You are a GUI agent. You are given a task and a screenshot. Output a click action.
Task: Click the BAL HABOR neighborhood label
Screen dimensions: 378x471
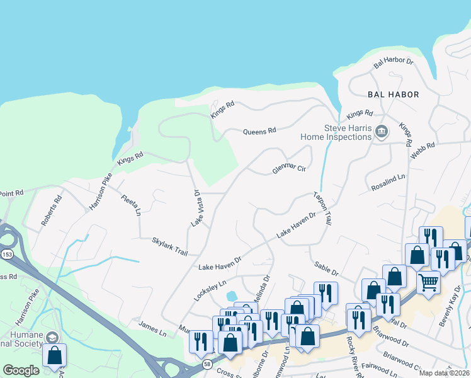click(394, 94)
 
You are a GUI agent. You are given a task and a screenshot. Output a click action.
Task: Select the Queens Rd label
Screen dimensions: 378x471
click(260, 131)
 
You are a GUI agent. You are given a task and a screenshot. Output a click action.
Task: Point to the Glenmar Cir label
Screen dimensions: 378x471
click(288, 168)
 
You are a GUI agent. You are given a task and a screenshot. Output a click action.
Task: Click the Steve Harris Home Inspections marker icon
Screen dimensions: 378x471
click(381, 132)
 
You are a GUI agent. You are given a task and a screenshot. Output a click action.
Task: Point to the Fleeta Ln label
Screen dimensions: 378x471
click(132, 204)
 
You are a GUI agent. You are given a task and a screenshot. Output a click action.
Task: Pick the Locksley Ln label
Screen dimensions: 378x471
click(210, 290)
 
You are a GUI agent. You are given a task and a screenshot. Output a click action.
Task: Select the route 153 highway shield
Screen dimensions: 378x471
click(6, 254)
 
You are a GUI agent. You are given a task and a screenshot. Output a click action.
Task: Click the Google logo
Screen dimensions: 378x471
click(21, 370)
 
